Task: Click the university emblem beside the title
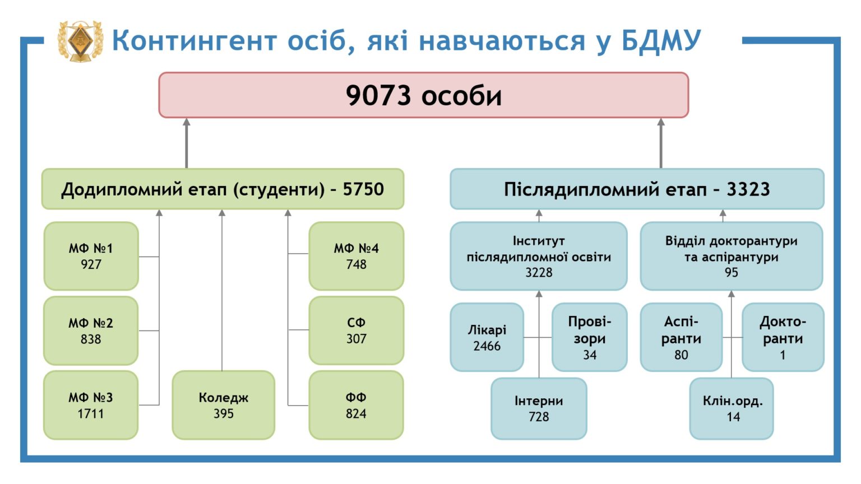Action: pos(80,41)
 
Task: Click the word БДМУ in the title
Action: pos(661,40)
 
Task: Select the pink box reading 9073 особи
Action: pos(424,95)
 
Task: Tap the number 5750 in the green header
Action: pos(363,189)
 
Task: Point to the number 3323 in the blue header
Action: pos(748,189)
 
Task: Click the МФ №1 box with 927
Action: pos(91,256)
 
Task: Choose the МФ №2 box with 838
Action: pos(91,331)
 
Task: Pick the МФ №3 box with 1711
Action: pos(91,405)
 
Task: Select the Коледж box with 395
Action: pos(223,405)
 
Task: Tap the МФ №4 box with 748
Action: pos(357,256)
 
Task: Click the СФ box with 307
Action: pos(357,331)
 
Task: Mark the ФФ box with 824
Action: pos(357,405)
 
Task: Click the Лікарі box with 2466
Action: pos(487,337)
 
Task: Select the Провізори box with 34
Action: pos(590,337)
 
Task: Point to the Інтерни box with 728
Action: pos(539,408)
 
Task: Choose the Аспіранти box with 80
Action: pos(681,337)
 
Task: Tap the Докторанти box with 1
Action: pos(783,337)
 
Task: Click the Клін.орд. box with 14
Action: pos(732,408)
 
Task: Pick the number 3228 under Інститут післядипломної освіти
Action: pos(539,272)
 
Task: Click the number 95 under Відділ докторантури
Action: pos(732,272)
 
